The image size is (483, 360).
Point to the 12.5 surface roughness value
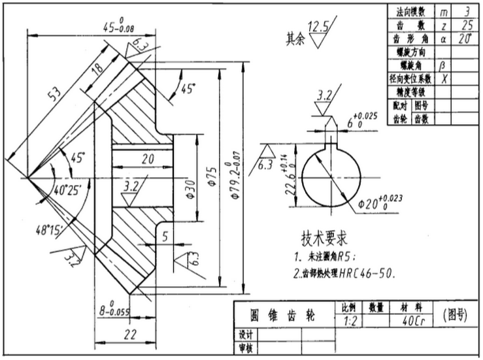point(320,27)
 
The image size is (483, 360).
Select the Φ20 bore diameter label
point(381,203)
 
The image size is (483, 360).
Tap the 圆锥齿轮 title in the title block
point(283,316)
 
